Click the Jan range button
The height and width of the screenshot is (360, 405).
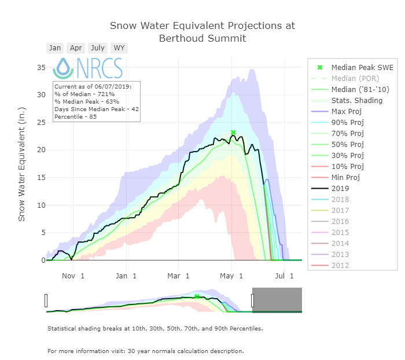(x=55, y=48)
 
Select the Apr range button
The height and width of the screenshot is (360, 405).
(x=76, y=48)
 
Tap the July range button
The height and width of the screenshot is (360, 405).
(x=98, y=48)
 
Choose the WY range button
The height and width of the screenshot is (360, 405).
(x=119, y=48)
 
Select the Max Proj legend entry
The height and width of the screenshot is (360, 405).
(x=347, y=111)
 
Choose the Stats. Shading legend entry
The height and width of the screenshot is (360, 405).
(x=354, y=100)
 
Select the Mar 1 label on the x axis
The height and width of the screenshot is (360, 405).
(x=179, y=276)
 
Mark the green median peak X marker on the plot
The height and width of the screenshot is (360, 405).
(x=233, y=133)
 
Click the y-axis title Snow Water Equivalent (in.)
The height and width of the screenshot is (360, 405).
(x=22, y=163)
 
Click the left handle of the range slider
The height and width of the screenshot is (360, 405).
(x=46, y=300)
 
